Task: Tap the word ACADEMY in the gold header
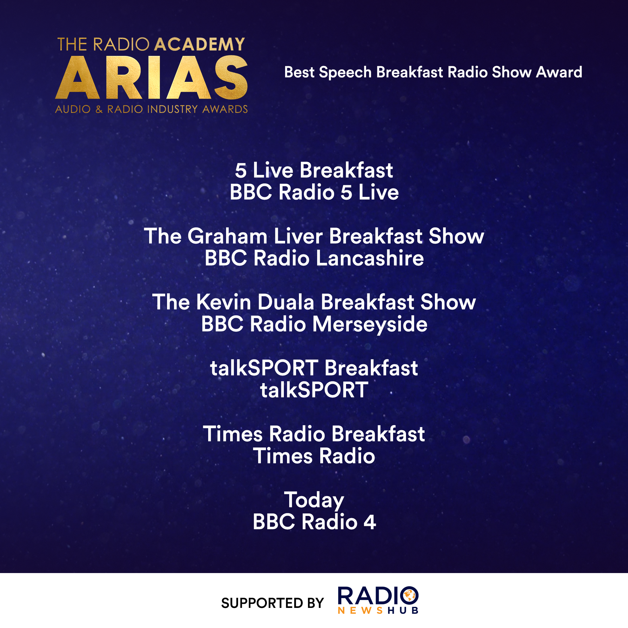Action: pos(200,45)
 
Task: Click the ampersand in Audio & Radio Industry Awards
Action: pos(99,109)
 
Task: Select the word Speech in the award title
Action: pos(345,73)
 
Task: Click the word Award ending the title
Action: pos(559,72)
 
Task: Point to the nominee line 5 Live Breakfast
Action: pos(314,170)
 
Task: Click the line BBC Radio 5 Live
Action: pos(314,192)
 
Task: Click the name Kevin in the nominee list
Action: pos(224,302)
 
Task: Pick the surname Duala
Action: pos(286,302)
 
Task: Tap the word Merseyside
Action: pos(370,324)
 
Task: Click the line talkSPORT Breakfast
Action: pos(314,368)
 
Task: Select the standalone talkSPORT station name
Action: pos(314,390)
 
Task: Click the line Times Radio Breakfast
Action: pos(314,434)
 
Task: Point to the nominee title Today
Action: pos(314,500)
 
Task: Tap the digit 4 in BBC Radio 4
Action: pos(370,522)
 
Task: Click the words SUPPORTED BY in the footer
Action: pos(272,603)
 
